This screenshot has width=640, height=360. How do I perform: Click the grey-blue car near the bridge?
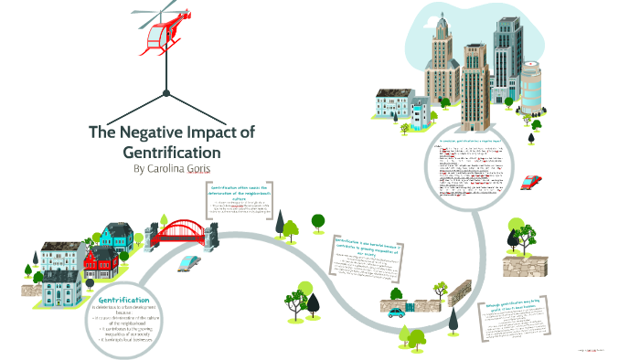click(188, 261)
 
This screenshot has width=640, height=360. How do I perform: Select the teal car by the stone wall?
click(397, 312)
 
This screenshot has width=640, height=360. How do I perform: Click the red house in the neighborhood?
click(96, 263)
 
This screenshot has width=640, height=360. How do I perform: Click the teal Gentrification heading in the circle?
click(123, 300)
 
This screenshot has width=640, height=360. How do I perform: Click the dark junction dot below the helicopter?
click(165, 93)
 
